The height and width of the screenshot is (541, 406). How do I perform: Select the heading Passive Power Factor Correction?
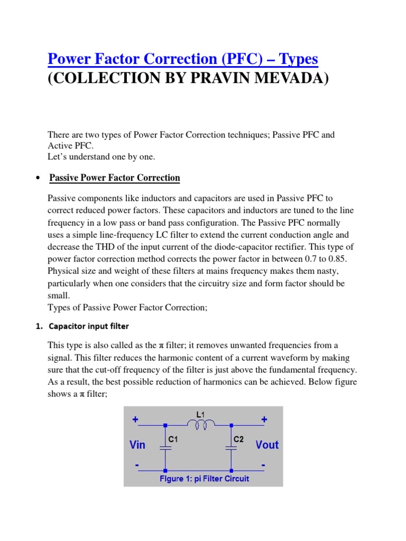click(115, 178)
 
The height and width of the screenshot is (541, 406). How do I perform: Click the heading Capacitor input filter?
click(89, 326)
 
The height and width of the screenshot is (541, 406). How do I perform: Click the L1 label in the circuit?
click(201, 415)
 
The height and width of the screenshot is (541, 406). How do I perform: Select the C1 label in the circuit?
click(173, 439)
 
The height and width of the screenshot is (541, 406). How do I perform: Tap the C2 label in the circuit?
click(239, 439)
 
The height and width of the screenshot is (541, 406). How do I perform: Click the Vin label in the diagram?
click(137, 445)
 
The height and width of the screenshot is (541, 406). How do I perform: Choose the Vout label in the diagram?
click(266, 445)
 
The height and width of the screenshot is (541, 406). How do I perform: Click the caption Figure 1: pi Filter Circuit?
click(204, 479)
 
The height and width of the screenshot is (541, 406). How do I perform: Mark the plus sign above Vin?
click(136, 419)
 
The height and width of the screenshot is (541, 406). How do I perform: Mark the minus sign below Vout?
click(263, 465)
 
